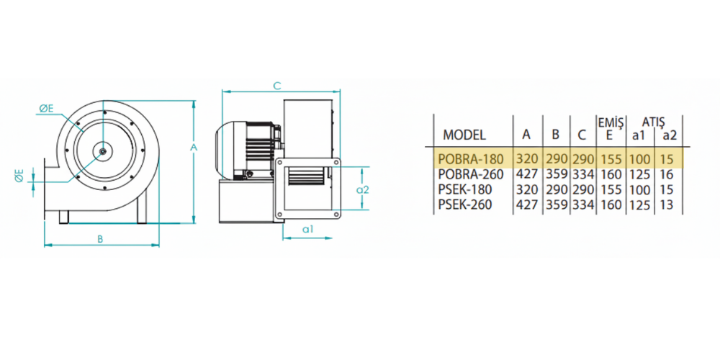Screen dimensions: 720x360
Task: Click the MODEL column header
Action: click(464, 135)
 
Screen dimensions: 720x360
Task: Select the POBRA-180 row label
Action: click(471, 160)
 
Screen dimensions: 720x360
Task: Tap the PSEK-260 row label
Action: click(465, 204)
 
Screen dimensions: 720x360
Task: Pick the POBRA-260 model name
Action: click(471, 174)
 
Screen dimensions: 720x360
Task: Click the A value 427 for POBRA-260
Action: click(527, 174)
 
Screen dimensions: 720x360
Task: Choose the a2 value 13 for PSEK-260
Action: click(667, 204)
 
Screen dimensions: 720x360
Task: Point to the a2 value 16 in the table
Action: click(667, 174)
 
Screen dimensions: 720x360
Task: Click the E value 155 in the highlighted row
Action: click(611, 160)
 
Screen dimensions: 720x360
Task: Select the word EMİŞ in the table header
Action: click(610, 122)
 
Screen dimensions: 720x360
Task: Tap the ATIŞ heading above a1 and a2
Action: click(654, 122)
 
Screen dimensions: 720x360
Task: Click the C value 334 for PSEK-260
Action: click(583, 204)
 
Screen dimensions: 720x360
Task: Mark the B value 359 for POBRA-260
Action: click(556, 174)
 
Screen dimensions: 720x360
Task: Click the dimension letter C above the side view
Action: click(277, 86)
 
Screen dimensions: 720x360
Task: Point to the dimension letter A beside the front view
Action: click(194, 148)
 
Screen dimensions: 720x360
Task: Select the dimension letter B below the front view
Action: click(99, 239)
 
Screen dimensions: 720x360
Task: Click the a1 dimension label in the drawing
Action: click(307, 230)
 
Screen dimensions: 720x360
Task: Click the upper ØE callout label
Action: click(46, 109)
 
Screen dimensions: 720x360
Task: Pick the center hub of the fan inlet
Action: click(104, 150)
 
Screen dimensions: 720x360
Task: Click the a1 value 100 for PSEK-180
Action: click(639, 189)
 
